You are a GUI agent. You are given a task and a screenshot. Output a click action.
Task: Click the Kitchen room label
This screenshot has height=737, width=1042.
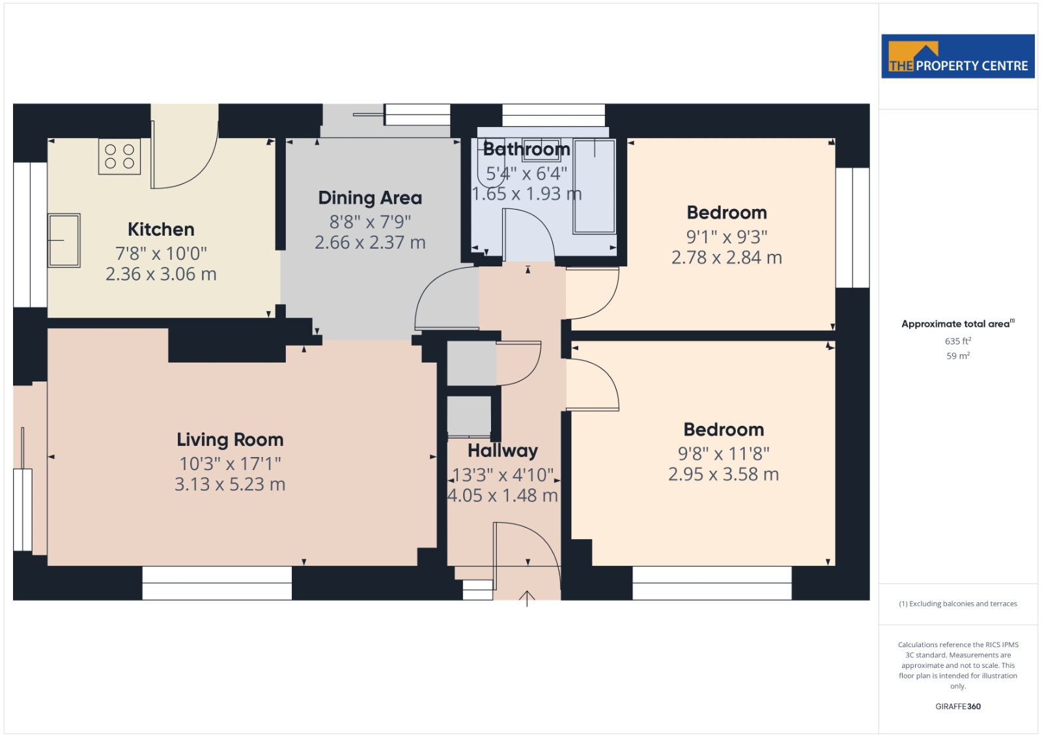click(161, 229)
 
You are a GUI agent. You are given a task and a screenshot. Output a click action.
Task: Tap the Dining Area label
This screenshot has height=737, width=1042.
click(370, 198)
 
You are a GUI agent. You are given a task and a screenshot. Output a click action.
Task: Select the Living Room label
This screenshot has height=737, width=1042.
click(230, 440)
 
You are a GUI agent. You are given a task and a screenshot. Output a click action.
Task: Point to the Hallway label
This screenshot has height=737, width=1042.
click(503, 451)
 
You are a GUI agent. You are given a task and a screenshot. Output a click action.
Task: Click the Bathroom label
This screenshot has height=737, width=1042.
click(527, 149)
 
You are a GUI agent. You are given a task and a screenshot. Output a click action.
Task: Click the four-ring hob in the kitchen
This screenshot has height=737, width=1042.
click(120, 157)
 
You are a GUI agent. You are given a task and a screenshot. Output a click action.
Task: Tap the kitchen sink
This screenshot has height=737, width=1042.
click(64, 240)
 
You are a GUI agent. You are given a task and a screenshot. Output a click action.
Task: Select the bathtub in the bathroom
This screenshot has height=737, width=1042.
click(595, 186)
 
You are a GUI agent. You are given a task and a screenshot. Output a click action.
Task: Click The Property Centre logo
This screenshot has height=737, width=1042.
click(958, 56)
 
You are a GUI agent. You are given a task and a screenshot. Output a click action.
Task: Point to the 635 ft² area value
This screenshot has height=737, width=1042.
click(958, 341)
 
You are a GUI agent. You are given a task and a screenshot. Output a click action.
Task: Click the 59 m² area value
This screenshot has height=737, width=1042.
click(958, 355)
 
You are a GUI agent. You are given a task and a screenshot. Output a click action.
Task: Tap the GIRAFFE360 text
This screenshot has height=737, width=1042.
click(958, 706)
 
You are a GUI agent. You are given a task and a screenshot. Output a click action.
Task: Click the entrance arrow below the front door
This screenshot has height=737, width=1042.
click(527, 599)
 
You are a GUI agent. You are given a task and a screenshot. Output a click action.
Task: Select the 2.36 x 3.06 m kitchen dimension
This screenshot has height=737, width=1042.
click(161, 274)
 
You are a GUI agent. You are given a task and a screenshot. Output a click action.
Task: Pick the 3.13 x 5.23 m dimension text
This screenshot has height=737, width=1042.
click(230, 484)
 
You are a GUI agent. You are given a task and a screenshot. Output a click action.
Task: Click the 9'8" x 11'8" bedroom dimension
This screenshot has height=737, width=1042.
click(724, 453)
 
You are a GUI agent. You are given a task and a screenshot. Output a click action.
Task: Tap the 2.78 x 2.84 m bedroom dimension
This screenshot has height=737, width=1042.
click(727, 257)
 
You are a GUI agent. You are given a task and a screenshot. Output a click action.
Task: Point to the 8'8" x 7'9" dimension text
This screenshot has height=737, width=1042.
click(370, 222)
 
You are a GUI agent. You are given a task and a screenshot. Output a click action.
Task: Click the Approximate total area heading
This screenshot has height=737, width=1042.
click(958, 324)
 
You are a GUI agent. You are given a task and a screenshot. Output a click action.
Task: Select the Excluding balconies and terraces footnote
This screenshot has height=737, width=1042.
click(958, 604)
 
